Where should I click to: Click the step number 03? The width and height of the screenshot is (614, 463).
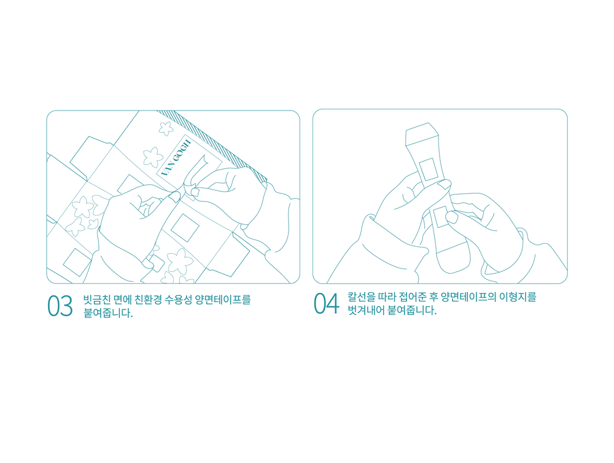click(x=60, y=306)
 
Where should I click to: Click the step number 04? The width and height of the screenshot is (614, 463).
click(x=326, y=303)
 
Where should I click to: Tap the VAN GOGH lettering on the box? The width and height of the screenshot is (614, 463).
click(x=176, y=158)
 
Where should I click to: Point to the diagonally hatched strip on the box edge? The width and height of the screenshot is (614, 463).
click(x=214, y=146)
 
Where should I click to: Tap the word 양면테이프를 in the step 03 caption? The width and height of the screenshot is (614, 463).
click(x=223, y=300)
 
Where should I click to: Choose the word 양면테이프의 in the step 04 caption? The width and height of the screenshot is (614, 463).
click(x=468, y=297)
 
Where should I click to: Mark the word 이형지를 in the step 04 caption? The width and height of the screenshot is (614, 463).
click(x=518, y=297)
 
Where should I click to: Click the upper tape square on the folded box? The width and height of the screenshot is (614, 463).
click(x=429, y=169)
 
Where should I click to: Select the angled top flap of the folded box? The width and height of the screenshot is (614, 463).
click(x=422, y=134)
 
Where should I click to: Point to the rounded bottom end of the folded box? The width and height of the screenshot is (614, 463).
click(x=454, y=257)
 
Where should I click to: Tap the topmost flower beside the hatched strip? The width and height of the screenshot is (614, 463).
click(x=166, y=128)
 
